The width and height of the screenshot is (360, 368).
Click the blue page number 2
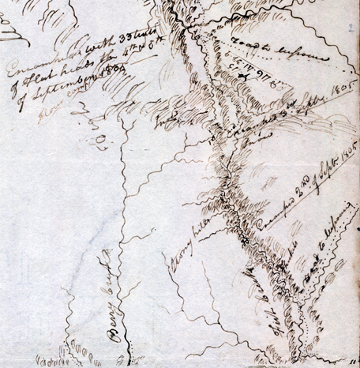347,28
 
